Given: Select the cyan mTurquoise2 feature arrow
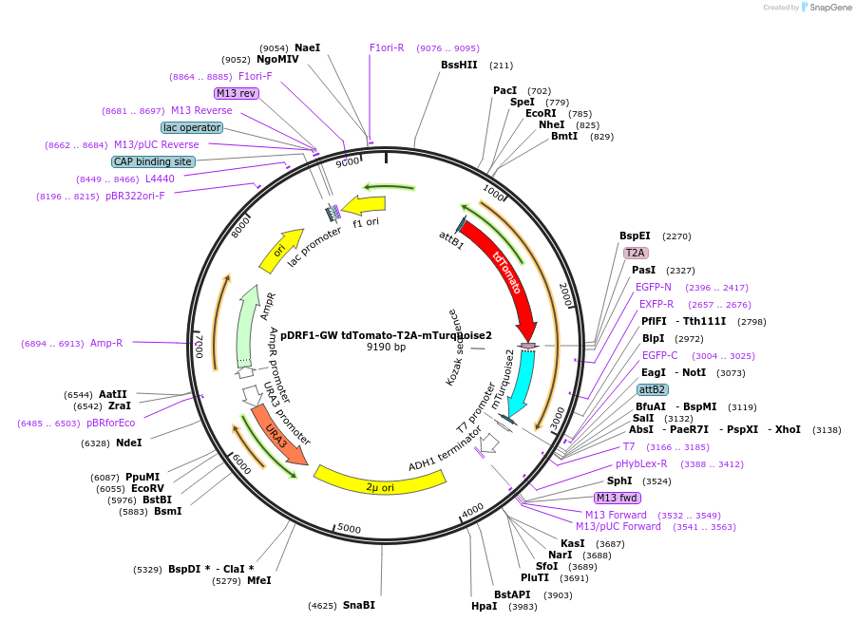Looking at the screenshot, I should point(522,380).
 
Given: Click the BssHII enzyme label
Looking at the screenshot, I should point(459,66).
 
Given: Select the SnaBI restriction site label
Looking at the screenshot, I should point(359,605).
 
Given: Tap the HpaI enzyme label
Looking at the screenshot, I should point(484,606).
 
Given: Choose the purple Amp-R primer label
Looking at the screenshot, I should point(106,343).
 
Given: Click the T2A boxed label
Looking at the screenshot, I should point(635,253).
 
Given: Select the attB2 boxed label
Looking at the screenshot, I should point(652,389).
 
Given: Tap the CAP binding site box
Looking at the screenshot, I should point(153,161).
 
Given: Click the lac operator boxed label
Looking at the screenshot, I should point(192,127).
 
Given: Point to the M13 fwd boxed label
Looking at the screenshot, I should point(617,498).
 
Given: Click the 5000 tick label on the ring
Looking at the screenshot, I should point(350,528).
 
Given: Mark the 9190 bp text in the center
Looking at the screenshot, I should point(386,348).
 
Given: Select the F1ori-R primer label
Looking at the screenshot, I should point(387,47).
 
